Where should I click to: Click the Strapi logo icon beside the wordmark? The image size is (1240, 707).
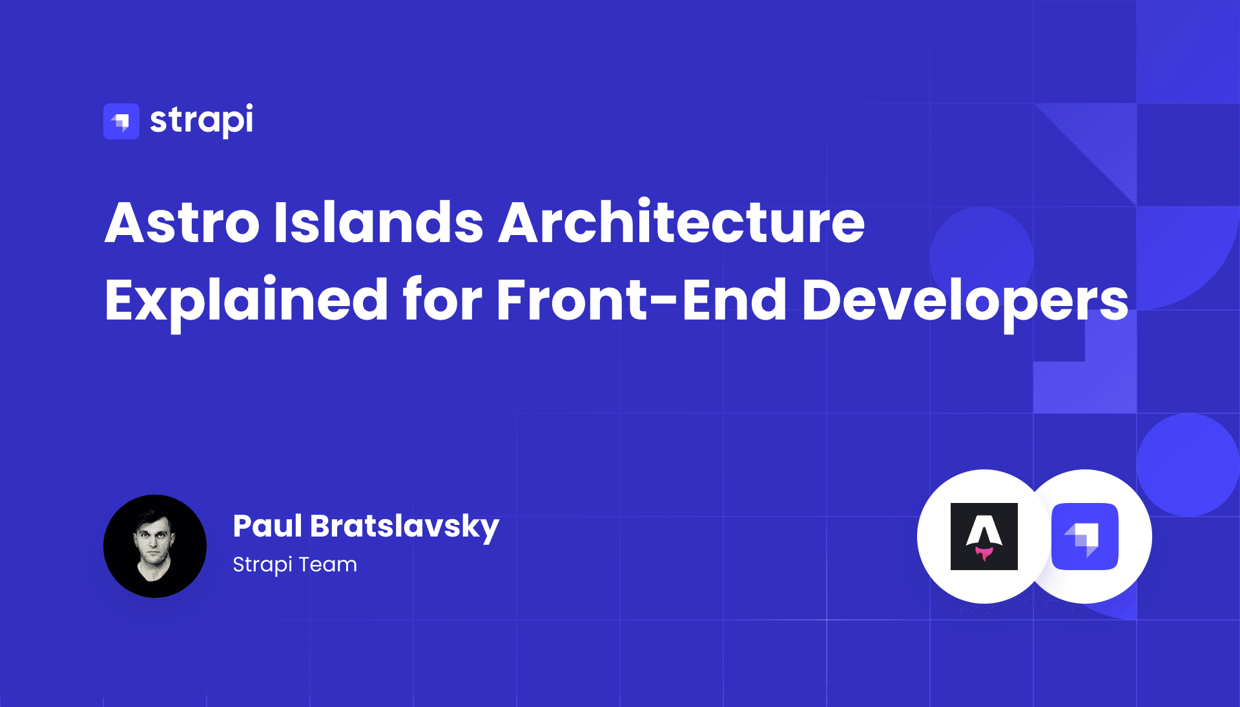(x=121, y=121)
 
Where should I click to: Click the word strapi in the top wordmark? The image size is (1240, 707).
(x=201, y=120)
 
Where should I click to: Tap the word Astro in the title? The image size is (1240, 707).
(x=182, y=223)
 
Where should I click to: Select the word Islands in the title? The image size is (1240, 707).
(x=378, y=223)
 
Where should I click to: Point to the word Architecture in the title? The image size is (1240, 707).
(x=681, y=223)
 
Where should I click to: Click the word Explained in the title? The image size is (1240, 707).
(x=246, y=300)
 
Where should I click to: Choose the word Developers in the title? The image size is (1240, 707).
(x=965, y=300)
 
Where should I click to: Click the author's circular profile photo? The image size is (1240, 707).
(x=155, y=546)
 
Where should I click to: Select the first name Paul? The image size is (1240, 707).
(x=267, y=526)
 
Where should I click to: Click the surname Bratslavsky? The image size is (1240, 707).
(x=405, y=527)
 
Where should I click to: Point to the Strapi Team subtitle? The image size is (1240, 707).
(x=294, y=564)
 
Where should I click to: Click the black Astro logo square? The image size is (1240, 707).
(x=984, y=536)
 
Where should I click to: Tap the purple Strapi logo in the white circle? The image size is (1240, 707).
(x=1085, y=536)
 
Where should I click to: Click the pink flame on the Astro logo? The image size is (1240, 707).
(x=984, y=553)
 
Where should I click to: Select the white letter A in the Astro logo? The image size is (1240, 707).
(x=984, y=531)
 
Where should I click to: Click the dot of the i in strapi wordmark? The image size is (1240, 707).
(x=249, y=106)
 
